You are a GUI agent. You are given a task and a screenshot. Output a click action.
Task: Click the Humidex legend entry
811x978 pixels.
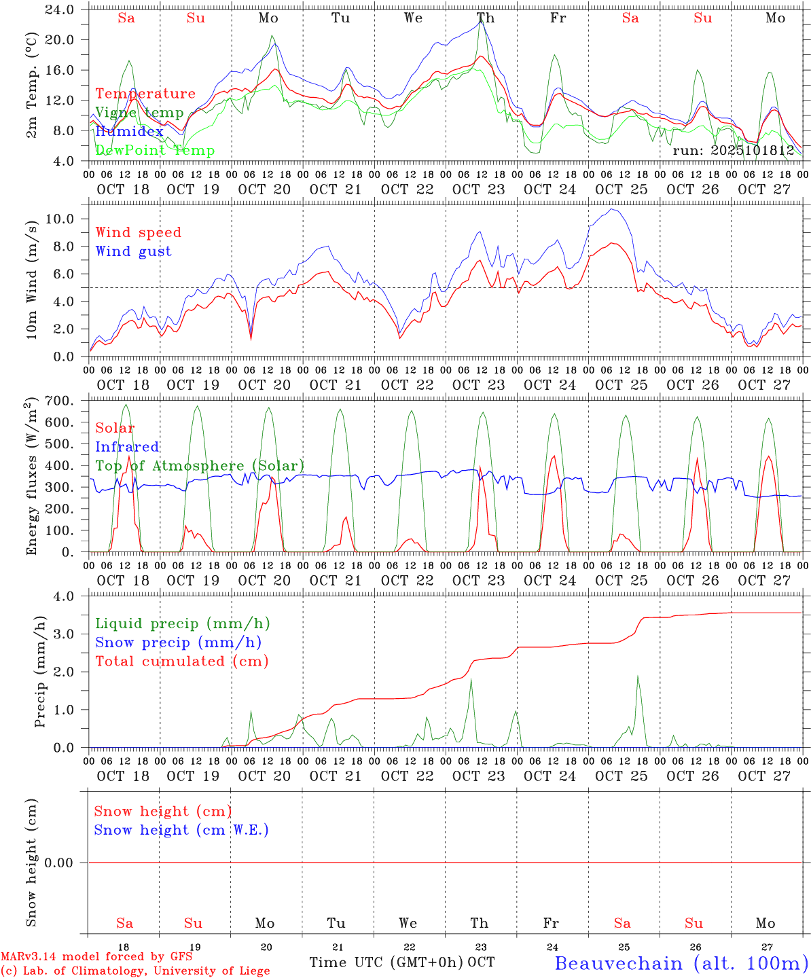pyautogui.click(x=129, y=132)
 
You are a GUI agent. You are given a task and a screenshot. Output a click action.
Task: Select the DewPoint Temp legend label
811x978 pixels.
pyautogui.click(x=155, y=151)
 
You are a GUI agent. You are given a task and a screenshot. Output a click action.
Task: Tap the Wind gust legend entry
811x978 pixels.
pyautogui.click(x=133, y=251)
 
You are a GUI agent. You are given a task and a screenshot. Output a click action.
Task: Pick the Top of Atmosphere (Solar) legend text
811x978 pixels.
pyautogui.click(x=200, y=466)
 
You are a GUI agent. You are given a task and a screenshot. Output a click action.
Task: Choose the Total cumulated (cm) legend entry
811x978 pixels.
pyautogui.click(x=181, y=661)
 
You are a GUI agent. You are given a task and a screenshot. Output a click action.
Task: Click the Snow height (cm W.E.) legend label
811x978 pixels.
pyautogui.click(x=181, y=830)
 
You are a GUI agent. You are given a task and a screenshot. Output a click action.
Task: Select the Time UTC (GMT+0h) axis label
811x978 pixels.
pyautogui.click(x=386, y=962)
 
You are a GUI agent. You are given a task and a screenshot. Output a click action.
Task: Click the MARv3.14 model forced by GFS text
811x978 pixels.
pyautogui.click(x=96, y=957)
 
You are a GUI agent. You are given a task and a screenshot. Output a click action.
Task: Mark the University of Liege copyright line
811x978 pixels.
pyautogui.click(x=135, y=971)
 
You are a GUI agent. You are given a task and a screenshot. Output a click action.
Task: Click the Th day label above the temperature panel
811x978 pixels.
pyautogui.click(x=485, y=18)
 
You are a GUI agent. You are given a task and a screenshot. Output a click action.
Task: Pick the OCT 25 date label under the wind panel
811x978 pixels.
pyautogui.click(x=621, y=385)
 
